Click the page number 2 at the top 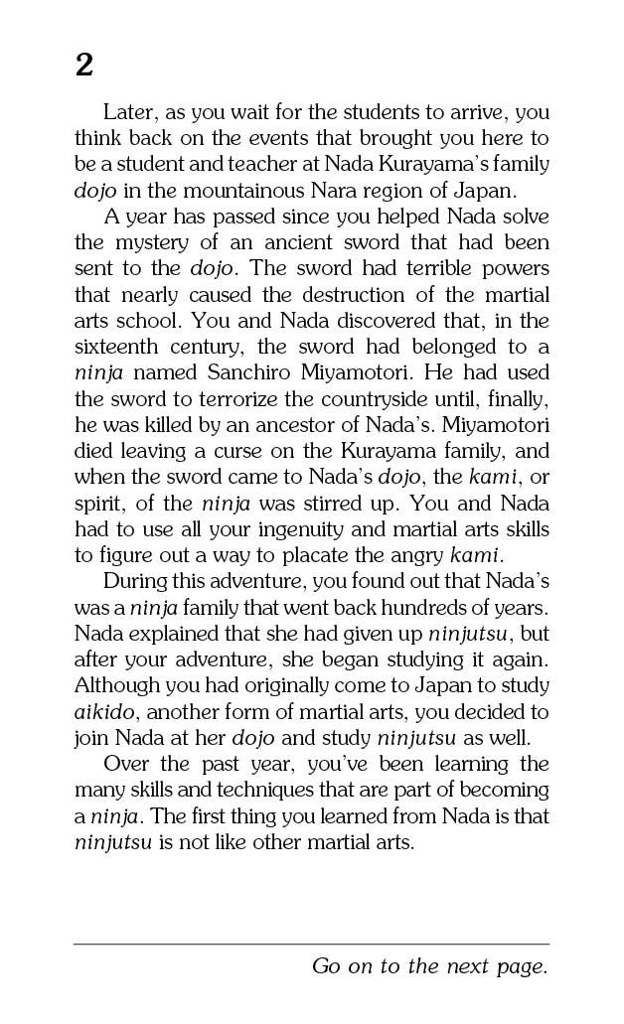(x=83, y=67)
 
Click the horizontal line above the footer (x=311, y=944)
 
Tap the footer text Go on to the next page (x=429, y=966)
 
